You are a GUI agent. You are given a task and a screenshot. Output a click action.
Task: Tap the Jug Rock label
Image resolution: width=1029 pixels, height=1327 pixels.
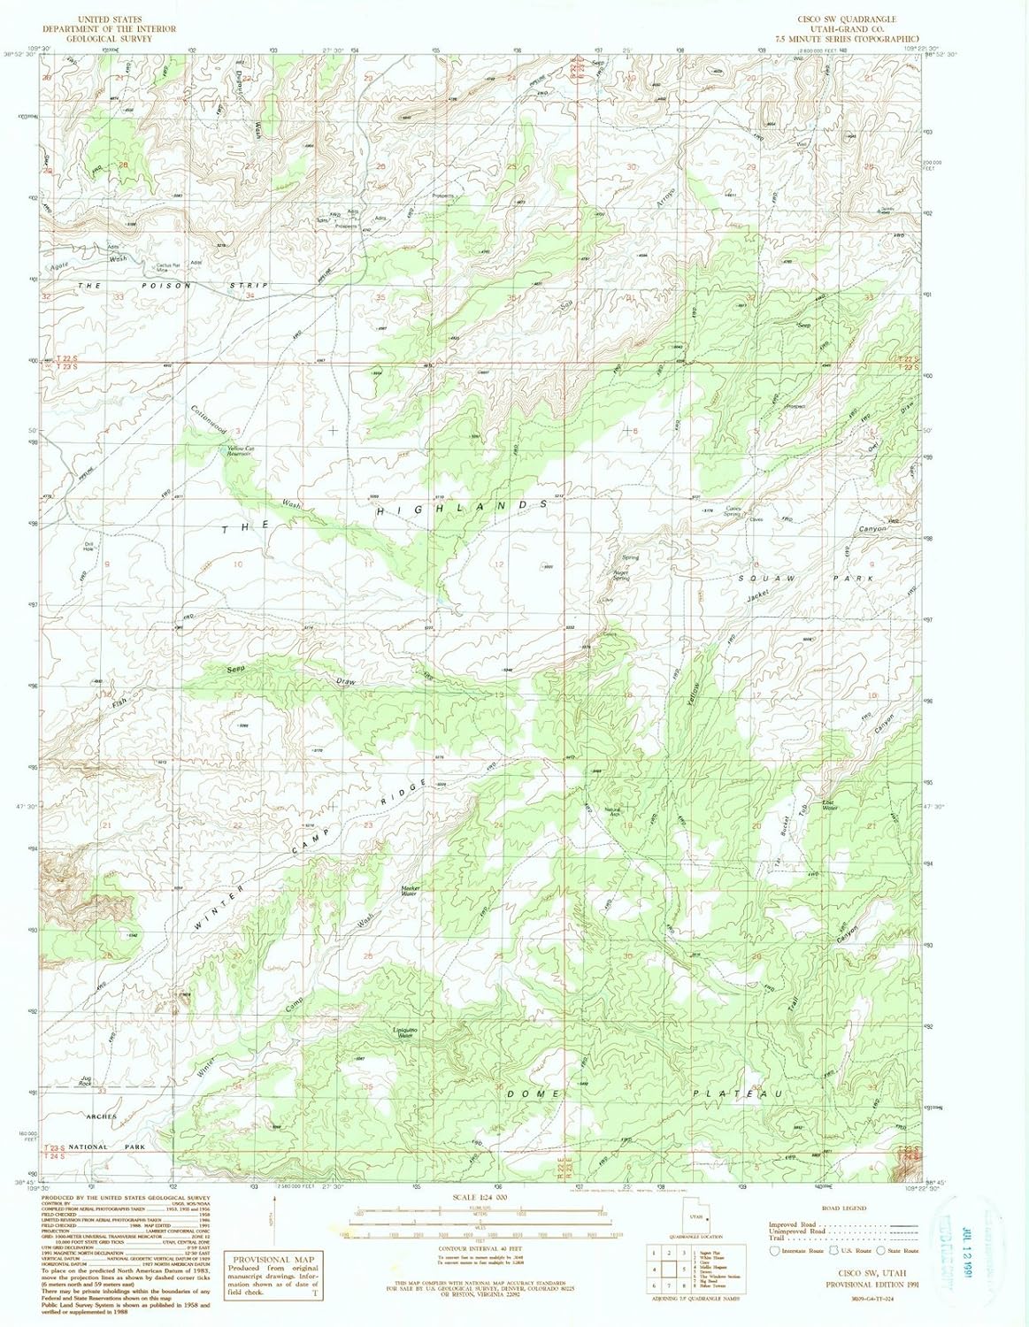pyautogui.click(x=86, y=1080)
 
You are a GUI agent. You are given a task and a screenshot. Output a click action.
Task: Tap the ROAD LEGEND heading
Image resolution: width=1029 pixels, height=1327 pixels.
pyautogui.click(x=843, y=1208)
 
